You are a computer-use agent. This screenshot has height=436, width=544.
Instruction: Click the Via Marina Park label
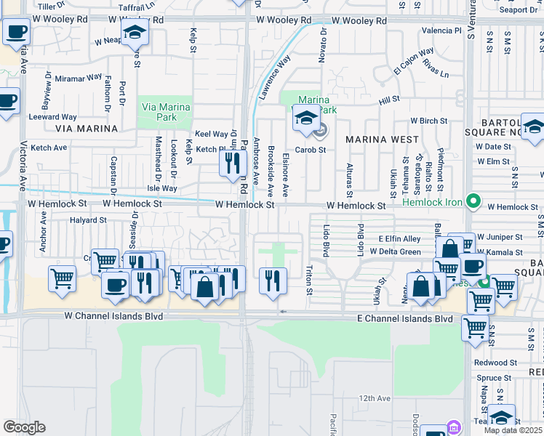point(165,112)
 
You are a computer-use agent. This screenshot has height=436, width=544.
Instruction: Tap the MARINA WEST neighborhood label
point(382,139)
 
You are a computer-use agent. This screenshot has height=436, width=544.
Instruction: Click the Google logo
point(24,427)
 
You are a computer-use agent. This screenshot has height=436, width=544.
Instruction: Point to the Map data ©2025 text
point(513,430)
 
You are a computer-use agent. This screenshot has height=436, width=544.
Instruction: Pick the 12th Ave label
point(374,398)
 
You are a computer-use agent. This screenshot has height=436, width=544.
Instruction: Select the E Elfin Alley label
point(399,238)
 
